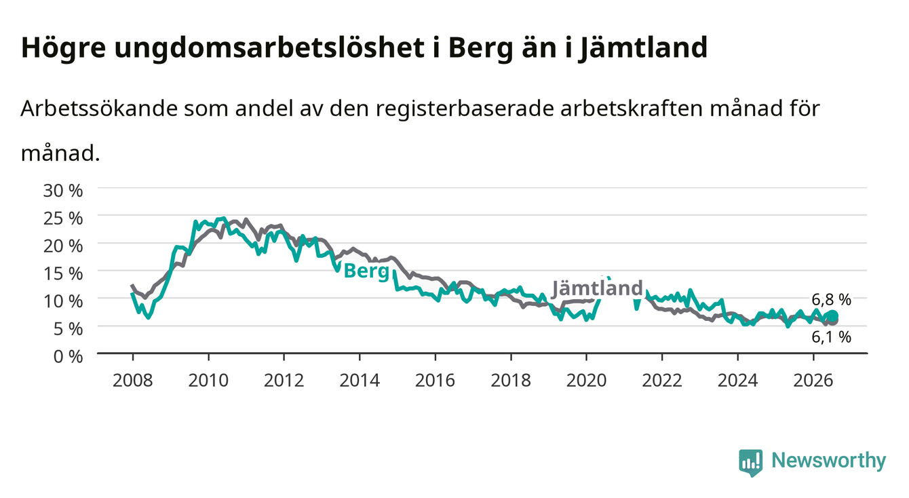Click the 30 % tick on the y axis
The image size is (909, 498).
tap(63, 191)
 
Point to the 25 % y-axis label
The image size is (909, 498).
tap(63, 218)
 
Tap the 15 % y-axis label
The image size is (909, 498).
tap(63, 273)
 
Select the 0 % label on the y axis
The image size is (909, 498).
tap(68, 356)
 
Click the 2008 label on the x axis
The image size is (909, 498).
tap(133, 381)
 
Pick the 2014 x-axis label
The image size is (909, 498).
tap(360, 381)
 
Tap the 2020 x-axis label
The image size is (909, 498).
tap(586, 381)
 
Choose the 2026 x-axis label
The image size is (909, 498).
tap(813, 381)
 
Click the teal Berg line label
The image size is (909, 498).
tap(366, 271)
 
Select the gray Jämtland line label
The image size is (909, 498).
tap(598, 288)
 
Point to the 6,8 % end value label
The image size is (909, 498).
tap(831, 299)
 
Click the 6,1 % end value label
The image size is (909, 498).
tap(831, 337)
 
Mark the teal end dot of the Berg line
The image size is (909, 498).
tap(832, 315)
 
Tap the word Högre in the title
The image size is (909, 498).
tap(64, 48)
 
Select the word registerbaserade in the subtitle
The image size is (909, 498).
tap(465, 109)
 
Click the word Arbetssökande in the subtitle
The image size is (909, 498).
tap(99, 109)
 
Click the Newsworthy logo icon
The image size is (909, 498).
tap(751, 463)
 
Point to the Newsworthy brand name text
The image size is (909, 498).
tap(829, 461)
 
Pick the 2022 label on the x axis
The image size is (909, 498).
tap(662, 381)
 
